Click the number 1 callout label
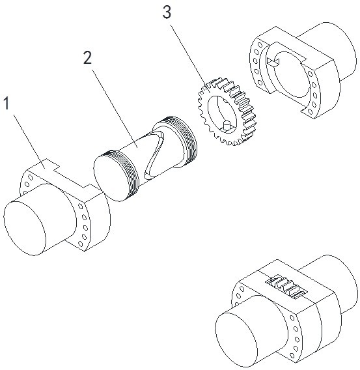click(7, 104)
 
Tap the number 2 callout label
click(87, 58)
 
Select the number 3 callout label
click(167, 12)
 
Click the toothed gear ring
click(227, 111)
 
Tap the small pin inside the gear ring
click(227, 125)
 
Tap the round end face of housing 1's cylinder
click(25, 229)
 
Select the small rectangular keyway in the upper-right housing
click(273, 62)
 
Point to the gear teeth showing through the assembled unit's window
click(286, 286)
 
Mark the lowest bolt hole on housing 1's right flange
click(80, 244)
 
